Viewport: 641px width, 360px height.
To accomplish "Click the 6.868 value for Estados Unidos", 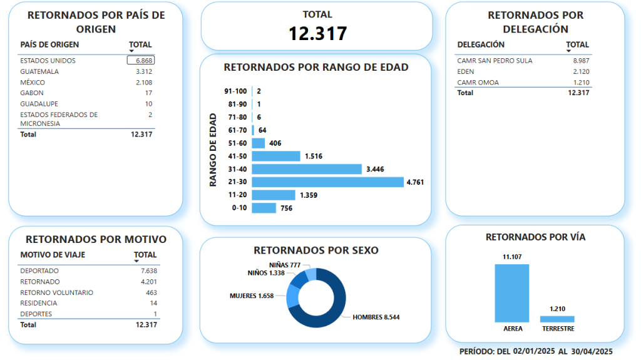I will pos(141,61).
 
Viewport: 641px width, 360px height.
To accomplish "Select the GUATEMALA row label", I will pos(39,71).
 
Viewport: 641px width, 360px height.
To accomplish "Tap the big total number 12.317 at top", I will pos(317,34).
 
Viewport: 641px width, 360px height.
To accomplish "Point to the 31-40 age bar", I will pos(307,169).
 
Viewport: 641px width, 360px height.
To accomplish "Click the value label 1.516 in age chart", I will pos(313,156).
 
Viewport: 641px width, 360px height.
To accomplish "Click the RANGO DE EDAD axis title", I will pos(213,150).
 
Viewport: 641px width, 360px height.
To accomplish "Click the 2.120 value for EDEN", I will pos(581,71).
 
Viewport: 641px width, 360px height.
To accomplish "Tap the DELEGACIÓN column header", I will pos(481,45).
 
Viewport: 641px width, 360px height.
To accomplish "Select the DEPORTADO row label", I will pos(39,271).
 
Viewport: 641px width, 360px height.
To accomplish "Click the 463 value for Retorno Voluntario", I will pos(151,292).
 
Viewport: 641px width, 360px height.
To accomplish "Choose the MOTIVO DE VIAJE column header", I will pos(53,255).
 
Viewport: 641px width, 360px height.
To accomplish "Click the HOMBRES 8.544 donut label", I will pos(376,317).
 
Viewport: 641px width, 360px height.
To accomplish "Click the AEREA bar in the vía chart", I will pos(512,293).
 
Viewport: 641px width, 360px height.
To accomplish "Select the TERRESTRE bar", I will pos(557,319).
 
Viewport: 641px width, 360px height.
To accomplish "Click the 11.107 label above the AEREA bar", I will pos(512,257).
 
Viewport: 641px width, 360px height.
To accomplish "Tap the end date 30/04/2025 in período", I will pos(588,352).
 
